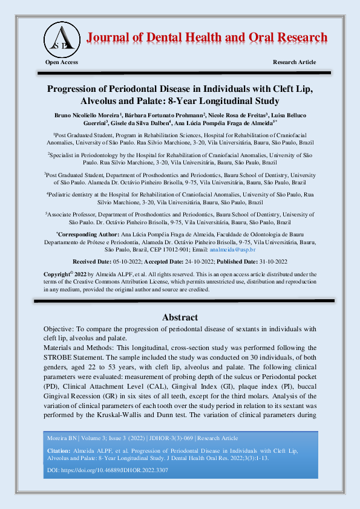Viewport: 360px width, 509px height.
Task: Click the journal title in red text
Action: pos(208,37)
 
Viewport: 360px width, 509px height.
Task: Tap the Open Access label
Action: pos(61,63)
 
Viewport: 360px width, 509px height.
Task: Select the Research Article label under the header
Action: pos(294,63)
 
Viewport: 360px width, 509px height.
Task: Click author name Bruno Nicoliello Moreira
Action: pos(83,114)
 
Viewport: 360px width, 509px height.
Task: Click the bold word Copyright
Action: pos(57,274)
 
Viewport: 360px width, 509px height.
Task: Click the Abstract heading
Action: pos(180,317)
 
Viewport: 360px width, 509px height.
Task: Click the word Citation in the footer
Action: pos(59,451)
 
